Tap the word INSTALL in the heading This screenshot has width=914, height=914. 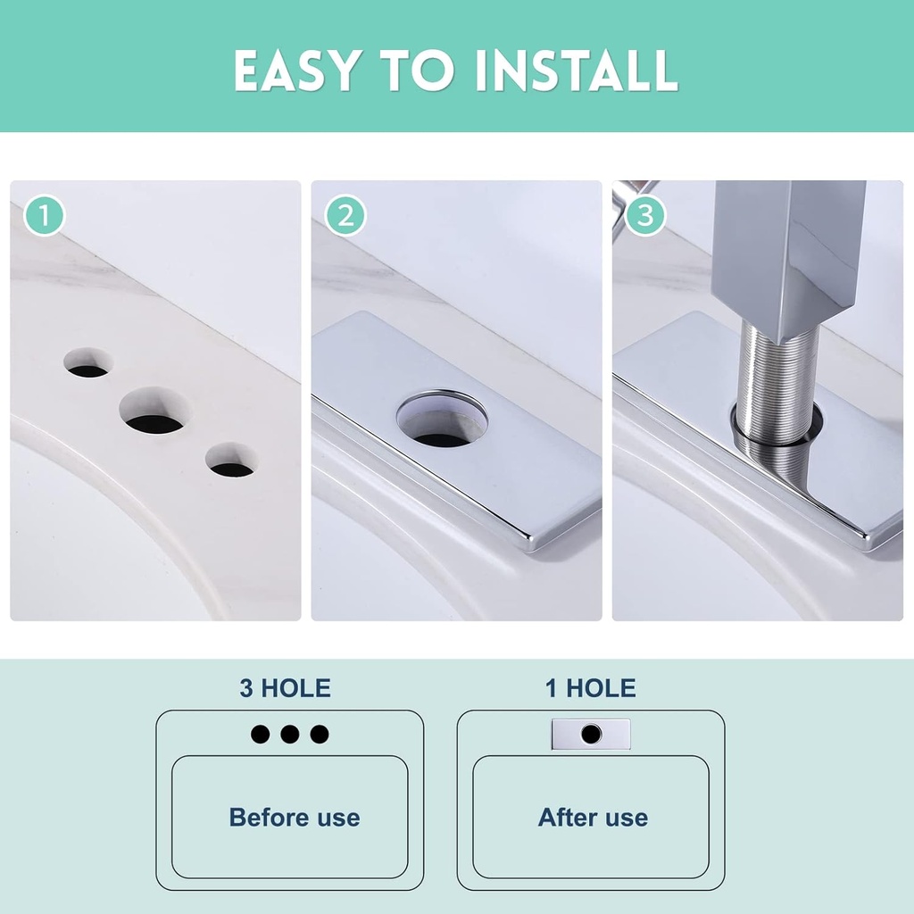[x=577, y=71]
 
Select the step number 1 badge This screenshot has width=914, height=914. [x=45, y=216]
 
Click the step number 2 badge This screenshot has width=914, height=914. [x=345, y=216]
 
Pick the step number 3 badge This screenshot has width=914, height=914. [x=645, y=216]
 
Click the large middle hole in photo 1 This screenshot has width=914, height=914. [x=155, y=411]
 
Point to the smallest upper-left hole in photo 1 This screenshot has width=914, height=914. [x=87, y=362]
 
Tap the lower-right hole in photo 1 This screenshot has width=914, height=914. [x=232, y=461]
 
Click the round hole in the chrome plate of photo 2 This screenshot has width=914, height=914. [x=442, y=420]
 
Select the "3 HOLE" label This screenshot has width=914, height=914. [x=285, y=688]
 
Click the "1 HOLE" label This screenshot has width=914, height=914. [x=591, y=688]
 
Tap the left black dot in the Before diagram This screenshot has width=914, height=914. [x=261, y=735]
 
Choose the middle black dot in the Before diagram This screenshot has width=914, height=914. [x=290, y=735]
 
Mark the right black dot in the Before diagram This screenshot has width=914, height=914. [x=320, y=735]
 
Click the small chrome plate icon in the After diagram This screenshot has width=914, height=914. [x=591, y=735]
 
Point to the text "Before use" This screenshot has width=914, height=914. [x=295, y=818]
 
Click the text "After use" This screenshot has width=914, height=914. [x=593, y=818]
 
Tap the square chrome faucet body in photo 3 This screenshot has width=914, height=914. [x=788, y=256]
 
